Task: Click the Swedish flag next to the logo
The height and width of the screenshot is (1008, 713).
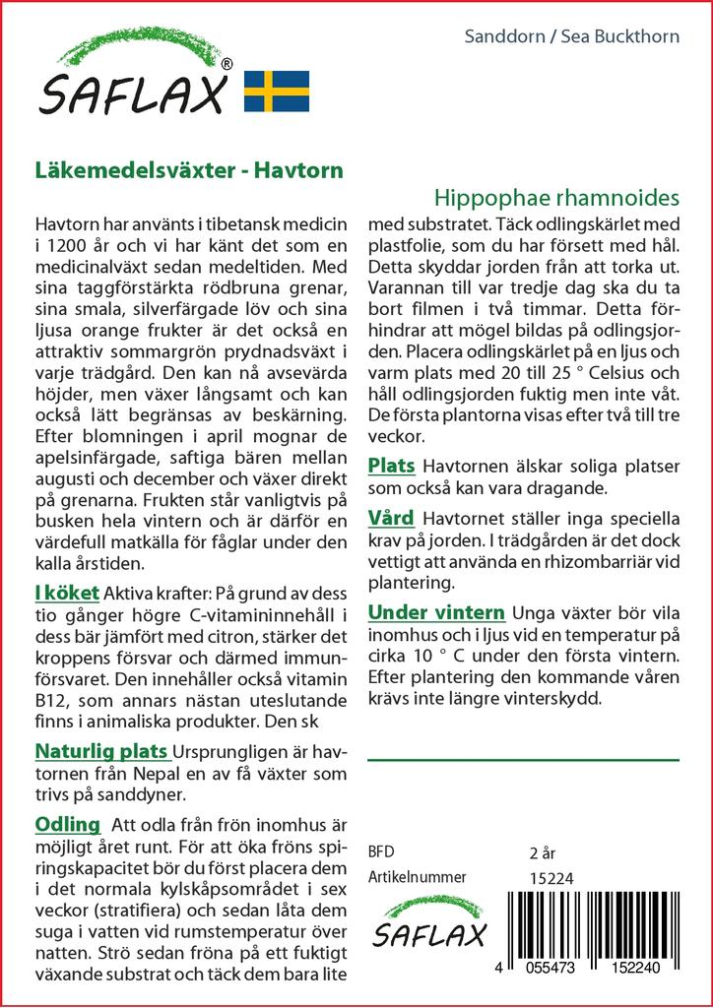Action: point(277,91)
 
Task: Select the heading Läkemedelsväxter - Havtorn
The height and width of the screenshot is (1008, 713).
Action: point(188,169)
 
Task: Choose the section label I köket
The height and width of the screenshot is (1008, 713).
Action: point(66,593)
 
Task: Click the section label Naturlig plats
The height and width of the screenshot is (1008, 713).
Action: point(101,751)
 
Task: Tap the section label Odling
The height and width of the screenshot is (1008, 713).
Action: point(68,824)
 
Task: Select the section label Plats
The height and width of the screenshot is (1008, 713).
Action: point(391,466)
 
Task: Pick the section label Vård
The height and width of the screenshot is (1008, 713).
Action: point(391,518)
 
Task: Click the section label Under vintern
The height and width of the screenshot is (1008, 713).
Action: point(436,611)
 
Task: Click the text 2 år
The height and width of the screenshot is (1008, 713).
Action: point(543,851)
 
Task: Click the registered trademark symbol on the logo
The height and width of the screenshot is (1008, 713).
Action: point(227,64)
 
